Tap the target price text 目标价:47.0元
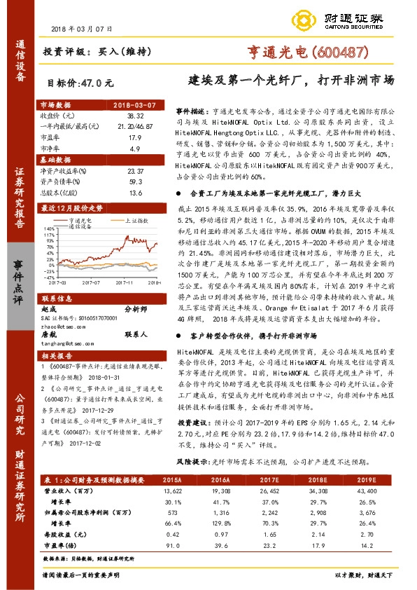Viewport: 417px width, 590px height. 79,82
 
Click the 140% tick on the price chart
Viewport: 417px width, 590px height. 48,228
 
